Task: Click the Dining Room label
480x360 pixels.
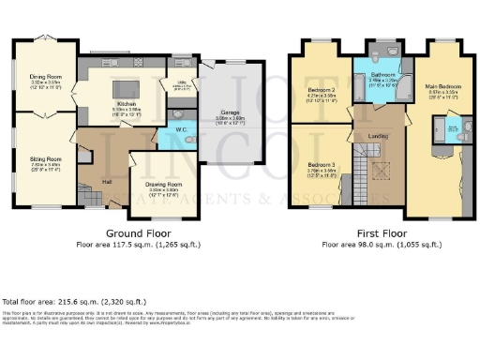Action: point(45,78)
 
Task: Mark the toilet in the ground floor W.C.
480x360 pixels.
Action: point(190,139)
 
